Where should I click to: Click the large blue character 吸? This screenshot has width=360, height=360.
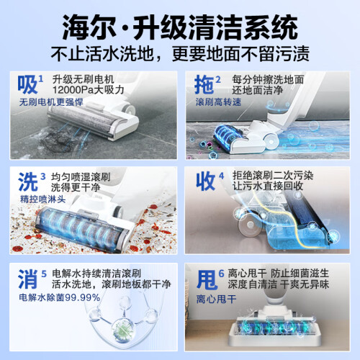(27, 84)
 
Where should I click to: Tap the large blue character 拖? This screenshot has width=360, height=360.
(204, 84)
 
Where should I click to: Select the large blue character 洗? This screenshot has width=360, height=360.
(28, 181)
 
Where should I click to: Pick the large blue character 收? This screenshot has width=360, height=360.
(205, 181)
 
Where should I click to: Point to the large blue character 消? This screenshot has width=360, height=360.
(28, 279)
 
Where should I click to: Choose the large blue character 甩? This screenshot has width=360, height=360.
(207, 279)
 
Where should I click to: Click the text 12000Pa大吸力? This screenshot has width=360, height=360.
(88, 90)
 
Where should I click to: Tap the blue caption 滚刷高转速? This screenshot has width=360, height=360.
(218, 102)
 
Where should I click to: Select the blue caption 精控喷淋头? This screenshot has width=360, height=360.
(42, 199)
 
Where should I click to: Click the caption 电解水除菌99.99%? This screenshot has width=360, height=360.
(60, 297)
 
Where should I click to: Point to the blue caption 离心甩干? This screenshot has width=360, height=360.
(216, 299)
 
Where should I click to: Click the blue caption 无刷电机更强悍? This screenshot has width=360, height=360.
(51, 102)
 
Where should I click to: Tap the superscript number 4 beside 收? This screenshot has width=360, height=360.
(221, 176)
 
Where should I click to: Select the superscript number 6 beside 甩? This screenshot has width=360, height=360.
(221, 274)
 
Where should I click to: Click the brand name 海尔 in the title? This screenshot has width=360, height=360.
(89, 27)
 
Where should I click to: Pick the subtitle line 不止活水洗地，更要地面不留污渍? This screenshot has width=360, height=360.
(180, 53)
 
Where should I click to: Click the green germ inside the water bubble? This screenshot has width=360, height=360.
(123, 329)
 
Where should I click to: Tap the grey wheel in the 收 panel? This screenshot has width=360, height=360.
(250, 225)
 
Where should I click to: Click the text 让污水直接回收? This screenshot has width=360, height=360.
(268, 186)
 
